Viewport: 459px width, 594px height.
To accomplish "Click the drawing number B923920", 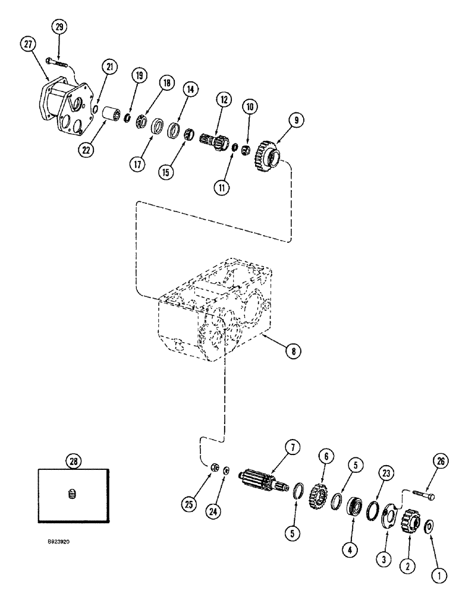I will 62,542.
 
